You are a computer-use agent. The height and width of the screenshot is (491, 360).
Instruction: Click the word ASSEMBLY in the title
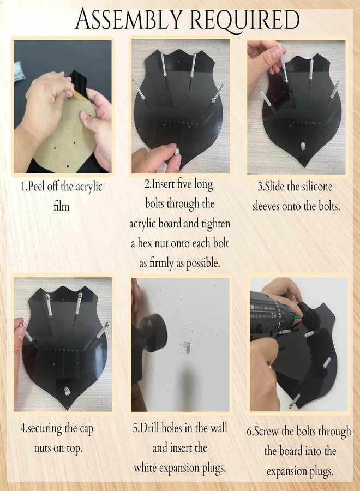129,20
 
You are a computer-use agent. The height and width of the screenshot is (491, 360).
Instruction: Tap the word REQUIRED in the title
244,20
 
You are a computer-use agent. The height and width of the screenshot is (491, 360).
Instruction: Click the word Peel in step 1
36,187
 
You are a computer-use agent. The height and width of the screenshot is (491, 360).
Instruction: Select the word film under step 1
61,206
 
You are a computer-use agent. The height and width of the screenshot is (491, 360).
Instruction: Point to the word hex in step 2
145,243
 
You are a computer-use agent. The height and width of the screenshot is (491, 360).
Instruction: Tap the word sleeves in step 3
266,206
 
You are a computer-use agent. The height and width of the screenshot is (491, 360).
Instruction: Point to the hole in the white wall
187,346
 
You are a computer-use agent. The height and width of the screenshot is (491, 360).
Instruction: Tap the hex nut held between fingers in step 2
177,152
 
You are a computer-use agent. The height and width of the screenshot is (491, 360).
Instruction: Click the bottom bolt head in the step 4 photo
67,391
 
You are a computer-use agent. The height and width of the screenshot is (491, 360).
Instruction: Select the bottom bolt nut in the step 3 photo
303,145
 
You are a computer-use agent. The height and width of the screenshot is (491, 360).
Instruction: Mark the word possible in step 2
203,264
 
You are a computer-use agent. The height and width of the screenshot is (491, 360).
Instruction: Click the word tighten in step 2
215,224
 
